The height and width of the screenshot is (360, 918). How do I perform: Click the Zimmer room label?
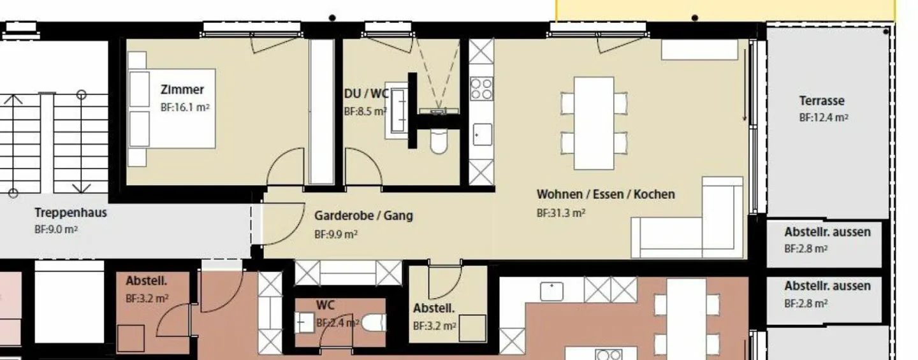[x=182, y=90]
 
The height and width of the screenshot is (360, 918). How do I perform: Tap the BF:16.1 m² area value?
[x=185, y=108]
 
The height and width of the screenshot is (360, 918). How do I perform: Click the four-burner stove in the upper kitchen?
[x=481, y=89]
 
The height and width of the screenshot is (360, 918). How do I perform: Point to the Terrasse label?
[x=822, y=101]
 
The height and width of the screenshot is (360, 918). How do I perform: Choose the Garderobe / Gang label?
[x=363, y=216]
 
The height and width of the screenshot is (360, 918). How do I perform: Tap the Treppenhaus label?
[x=70, y=213]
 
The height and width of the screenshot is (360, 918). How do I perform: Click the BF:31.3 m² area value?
[x=561, y=213]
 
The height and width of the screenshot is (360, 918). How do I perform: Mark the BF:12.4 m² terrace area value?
[x=824, y=118]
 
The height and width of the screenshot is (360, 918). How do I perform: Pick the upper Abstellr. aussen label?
[x=827, y=233]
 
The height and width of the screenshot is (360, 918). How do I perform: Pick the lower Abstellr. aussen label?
[x=827, y=287]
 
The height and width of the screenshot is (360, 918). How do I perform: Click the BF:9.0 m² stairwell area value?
[x=55, y=229]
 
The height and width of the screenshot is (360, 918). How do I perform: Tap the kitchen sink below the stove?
[x=481, y=134]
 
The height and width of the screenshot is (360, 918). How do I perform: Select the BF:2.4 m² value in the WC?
[x=336, y=323]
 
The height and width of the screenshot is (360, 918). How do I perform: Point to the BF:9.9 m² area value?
[x=335, y=234]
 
